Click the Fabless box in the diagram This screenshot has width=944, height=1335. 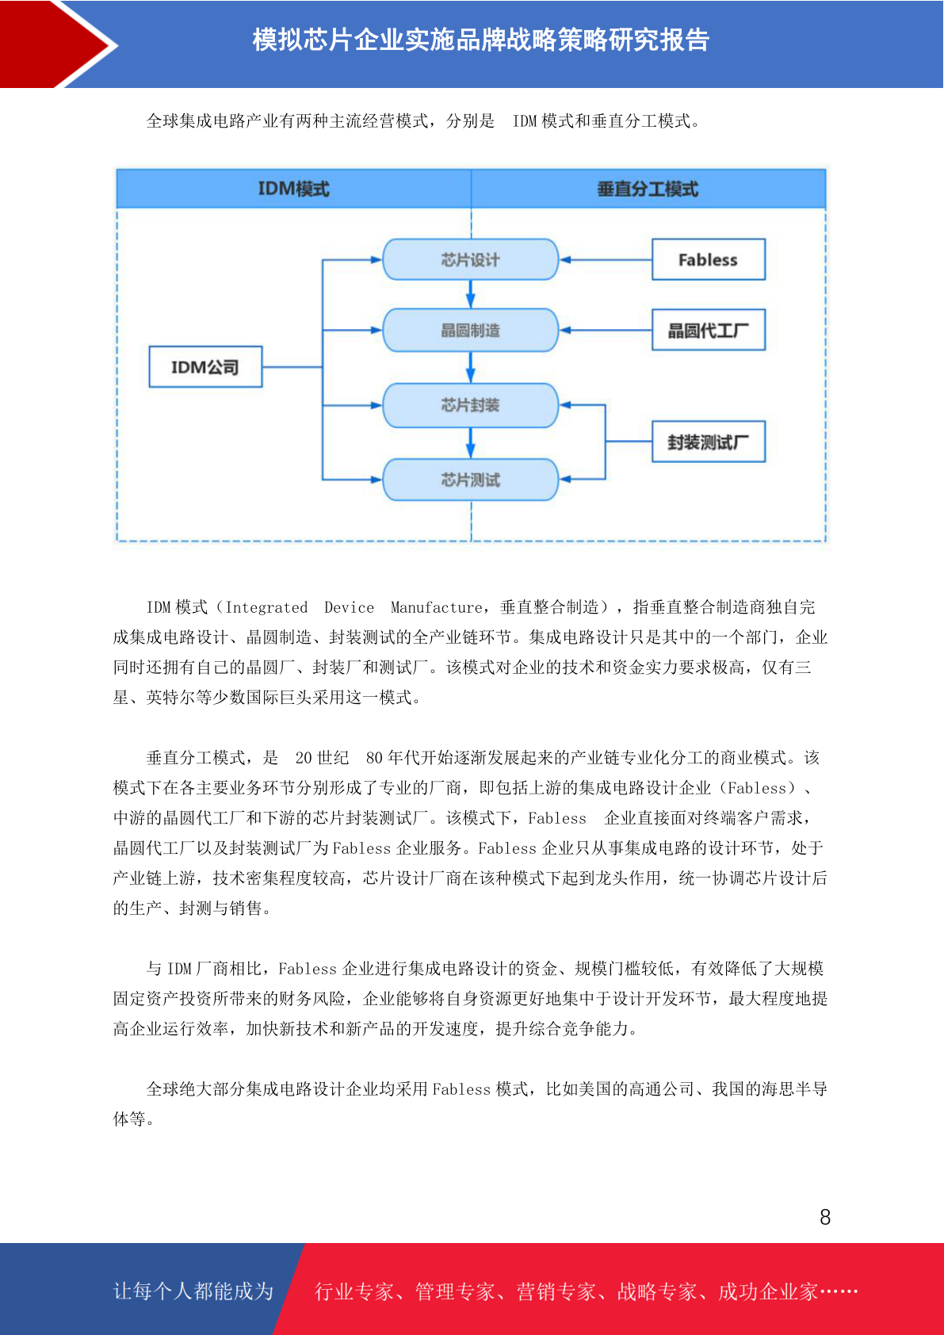point(708,259)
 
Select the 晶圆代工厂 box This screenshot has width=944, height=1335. point(708,330)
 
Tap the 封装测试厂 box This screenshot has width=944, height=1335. point(708,442)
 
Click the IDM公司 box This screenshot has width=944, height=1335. point(205,366)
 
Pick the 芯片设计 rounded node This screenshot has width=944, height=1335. point(470,259)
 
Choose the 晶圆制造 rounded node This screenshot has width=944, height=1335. point(470,330)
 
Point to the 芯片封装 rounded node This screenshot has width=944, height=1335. point(470,405)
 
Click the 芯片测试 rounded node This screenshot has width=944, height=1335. point(470,480)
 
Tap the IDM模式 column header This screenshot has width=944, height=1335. point(294,189)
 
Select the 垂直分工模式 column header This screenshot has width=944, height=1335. point(648,189)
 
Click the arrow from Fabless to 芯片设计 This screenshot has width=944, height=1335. point(606,260)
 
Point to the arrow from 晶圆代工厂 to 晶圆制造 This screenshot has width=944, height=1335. point(606,330)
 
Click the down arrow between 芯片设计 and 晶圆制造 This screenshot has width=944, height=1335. point(470,294)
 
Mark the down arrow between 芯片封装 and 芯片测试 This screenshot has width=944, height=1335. point(470,443)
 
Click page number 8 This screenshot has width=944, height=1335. point(825,1217)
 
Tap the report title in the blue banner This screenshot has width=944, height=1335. point(480,40)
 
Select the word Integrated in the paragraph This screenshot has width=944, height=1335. point(266,607)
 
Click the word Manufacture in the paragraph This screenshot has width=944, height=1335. point(436,607)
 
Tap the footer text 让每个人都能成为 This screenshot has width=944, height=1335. point(193,1291)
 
